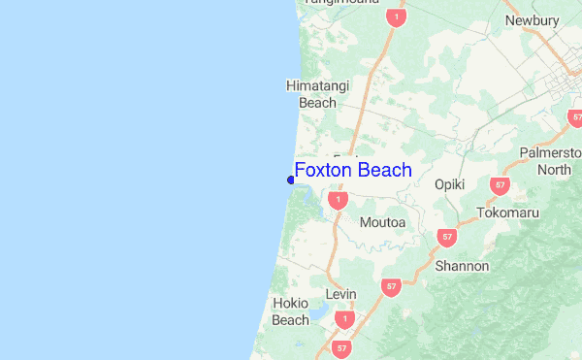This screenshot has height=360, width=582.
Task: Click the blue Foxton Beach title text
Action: pos(353,171)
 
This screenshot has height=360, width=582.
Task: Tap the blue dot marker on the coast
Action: pos(291,180)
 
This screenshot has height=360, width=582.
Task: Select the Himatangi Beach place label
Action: pos(311,94)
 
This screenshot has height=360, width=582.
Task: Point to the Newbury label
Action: pos(533,20)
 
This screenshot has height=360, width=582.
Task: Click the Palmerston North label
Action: pos(554,162)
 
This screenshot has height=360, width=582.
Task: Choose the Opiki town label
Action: pos(450,184)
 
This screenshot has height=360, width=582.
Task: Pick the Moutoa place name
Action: pos(382,223)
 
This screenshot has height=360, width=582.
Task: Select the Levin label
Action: pos(341,294)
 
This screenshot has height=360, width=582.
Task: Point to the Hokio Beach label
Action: pos(290,311)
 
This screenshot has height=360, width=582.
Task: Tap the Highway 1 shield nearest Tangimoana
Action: pos(394,17)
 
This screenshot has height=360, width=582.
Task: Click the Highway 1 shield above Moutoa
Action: pos(338,200)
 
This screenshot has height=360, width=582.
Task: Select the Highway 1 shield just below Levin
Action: pos(344,319)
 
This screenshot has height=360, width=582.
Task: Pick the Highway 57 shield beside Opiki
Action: pos(500,184)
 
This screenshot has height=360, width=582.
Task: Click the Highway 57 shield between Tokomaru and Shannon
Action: pos(446,237)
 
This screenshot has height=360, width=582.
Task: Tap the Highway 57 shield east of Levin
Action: pos(390,287)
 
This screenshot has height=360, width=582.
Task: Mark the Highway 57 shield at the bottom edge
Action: pos(341,347)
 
